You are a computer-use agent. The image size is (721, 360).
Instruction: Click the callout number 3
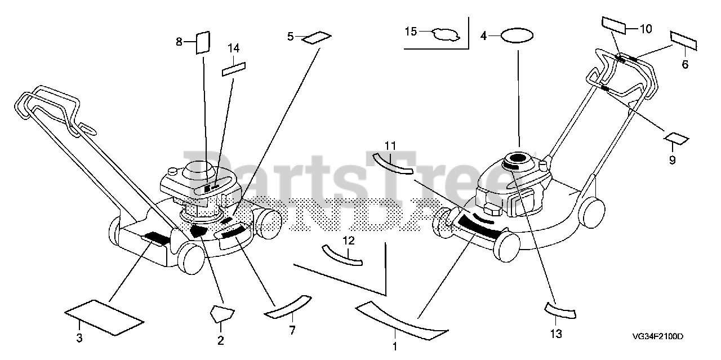coord(79,338)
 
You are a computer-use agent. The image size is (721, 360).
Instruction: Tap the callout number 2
coord(220,340)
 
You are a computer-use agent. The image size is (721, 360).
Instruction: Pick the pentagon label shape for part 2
coord(221,313)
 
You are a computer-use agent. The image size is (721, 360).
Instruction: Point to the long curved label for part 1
coord(401,321)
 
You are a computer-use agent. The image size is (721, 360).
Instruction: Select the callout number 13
coord(555,334)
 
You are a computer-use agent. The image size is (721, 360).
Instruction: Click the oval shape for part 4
coord(517,36)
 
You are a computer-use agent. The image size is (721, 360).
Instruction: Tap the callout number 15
coord(411,32)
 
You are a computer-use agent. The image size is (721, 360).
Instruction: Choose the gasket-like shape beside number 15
coord(446,34)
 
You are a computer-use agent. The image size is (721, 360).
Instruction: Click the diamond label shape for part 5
coord(317,38)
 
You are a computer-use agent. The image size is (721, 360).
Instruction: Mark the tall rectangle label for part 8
coord(202,42)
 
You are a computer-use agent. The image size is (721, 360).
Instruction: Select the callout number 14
coord(234,48)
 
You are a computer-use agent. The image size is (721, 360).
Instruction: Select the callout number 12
coord(349,241)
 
